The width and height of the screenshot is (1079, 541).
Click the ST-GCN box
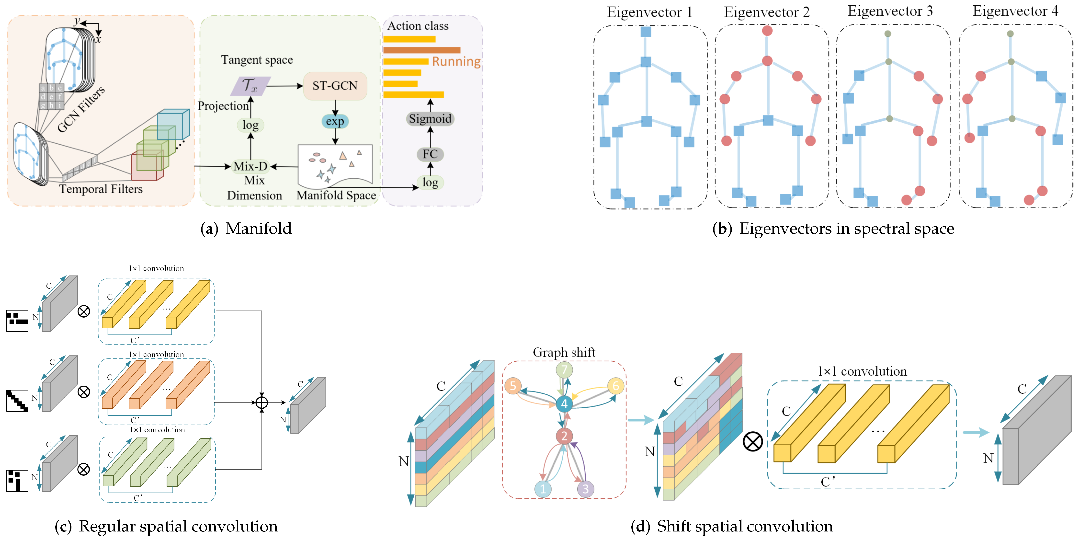(335, 86)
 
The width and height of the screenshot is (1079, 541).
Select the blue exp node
(335, 122)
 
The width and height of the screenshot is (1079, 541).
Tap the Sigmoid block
(430, 119)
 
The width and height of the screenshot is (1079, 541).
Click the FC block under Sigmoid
(430, 154)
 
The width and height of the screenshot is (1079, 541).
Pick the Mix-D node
(250, 166)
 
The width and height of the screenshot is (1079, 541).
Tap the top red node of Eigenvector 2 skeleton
(767, 31)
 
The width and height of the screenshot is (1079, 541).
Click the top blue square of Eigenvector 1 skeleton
(646, 31)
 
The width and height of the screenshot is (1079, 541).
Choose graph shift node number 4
(564, 403)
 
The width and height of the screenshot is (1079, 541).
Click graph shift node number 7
(564, 370)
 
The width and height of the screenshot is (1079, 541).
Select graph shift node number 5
(513, 386)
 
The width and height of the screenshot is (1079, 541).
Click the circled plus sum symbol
(262, 403)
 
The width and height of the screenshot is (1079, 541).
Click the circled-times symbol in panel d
(753, 442)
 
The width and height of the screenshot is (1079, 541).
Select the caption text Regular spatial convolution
(178, 526)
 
